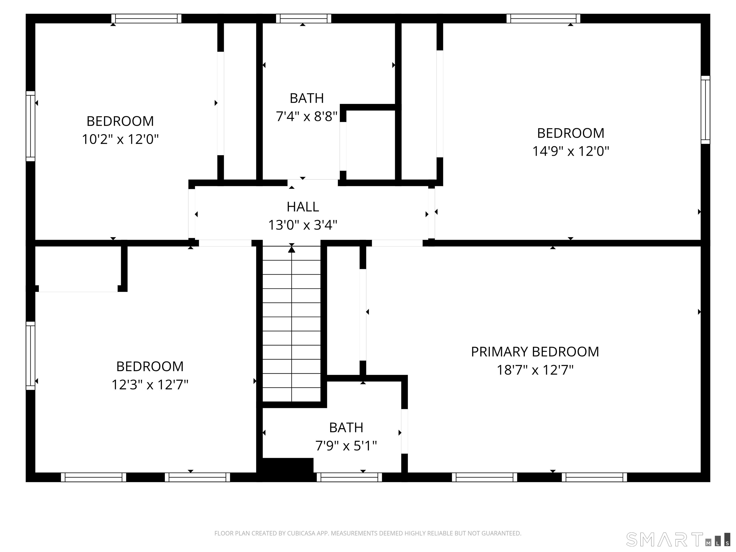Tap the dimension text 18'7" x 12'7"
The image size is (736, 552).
click(535, 370)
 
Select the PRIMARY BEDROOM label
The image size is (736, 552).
click(535, 352)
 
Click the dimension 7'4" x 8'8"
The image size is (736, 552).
click(306, 116)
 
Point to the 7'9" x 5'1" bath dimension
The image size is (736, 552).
click(346, 446)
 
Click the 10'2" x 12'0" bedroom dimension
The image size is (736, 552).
click(120, 139)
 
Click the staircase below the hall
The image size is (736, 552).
click(292, 326)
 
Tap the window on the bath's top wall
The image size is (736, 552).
click(304, 18)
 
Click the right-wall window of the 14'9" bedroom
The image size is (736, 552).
click(705, 110)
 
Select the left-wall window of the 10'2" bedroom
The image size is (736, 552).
click(30, 126)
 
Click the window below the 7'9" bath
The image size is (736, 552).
click(349, 477)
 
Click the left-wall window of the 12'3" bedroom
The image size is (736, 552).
click(30, 355)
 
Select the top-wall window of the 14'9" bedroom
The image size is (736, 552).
click(543, 18)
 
